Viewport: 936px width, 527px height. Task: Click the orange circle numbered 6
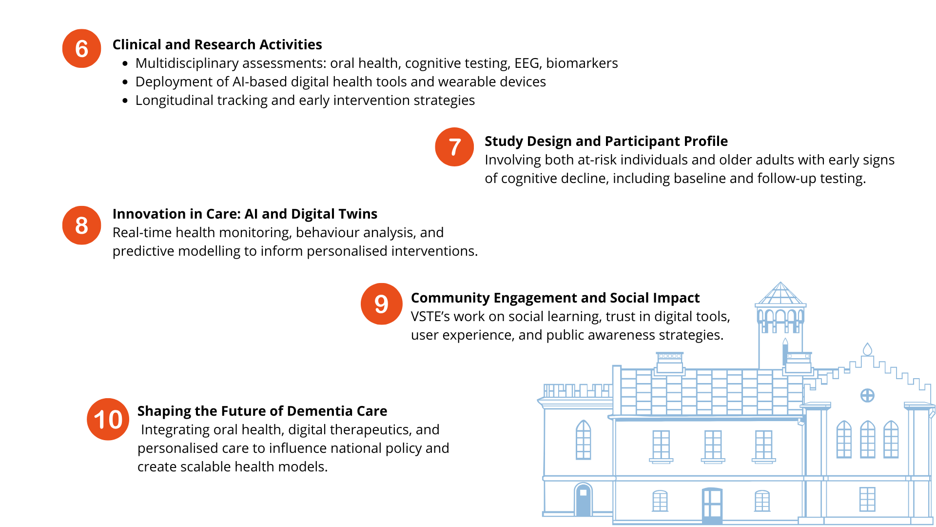coord(81,49)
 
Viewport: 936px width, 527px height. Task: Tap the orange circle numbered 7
coord(454,147)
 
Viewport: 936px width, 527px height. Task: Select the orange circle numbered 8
coord(81,225)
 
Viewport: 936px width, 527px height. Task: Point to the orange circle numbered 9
coord(382,304)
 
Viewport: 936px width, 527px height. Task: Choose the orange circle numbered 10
coord(108,419)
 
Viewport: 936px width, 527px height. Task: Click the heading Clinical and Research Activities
coord(217,44)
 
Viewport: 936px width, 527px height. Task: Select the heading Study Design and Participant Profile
coord(606,141)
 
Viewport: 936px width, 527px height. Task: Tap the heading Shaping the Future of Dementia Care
coord(262,411)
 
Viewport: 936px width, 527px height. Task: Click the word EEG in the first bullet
coord(527,63)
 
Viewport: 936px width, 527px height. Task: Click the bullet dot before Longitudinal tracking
coord(125,101)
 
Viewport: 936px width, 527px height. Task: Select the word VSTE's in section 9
coord(430,316)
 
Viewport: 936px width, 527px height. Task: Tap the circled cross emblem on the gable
coord(867,395)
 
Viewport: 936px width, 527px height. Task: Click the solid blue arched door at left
coord(583,500)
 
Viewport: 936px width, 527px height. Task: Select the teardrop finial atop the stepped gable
coord(867,349)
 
